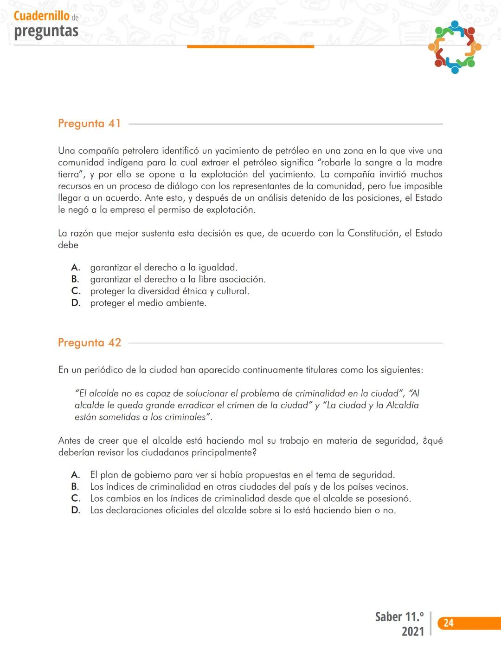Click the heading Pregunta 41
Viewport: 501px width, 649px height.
click(x=89, y=124)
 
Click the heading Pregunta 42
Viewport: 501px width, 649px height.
click(x=89, y=343)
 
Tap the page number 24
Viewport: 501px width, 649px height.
click(x=448, y=623)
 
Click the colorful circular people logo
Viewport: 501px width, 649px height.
click(x=455, y=47)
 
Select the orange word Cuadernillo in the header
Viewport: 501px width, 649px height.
click(x=41, y=16)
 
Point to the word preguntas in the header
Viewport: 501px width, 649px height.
click(x=46, y=31)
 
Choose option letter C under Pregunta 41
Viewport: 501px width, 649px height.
click(x=76, y=291)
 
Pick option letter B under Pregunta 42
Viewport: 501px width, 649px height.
click(x=75, y=487)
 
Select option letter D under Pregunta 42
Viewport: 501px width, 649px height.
click(x=76, y=511)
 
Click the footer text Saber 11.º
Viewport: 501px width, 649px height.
click(x=399, y=617)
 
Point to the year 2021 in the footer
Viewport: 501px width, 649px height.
click(x=412, y=631)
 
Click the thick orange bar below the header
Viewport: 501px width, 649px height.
click(x=250, y=46)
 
